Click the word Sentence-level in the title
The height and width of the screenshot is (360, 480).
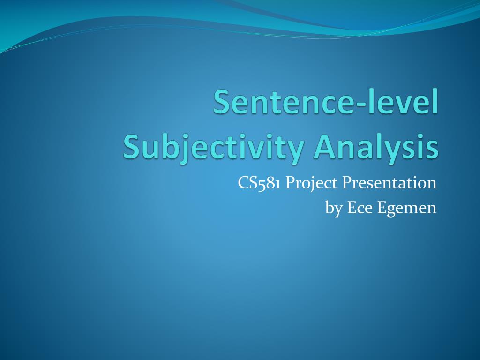pyautogui.click(x=326, y=101)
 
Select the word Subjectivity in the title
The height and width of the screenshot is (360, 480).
pyautogui.click(x=214, y=148)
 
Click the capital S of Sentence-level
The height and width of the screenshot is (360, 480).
pyautogui.click(x=223, y=102)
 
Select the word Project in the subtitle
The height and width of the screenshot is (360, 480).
pyautogui.click(x=312, y=184)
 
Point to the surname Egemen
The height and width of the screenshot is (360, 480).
pyautogui.click(x=407, y=209)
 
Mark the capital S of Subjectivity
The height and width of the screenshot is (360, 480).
pyautogui.click(x=133, y=146)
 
